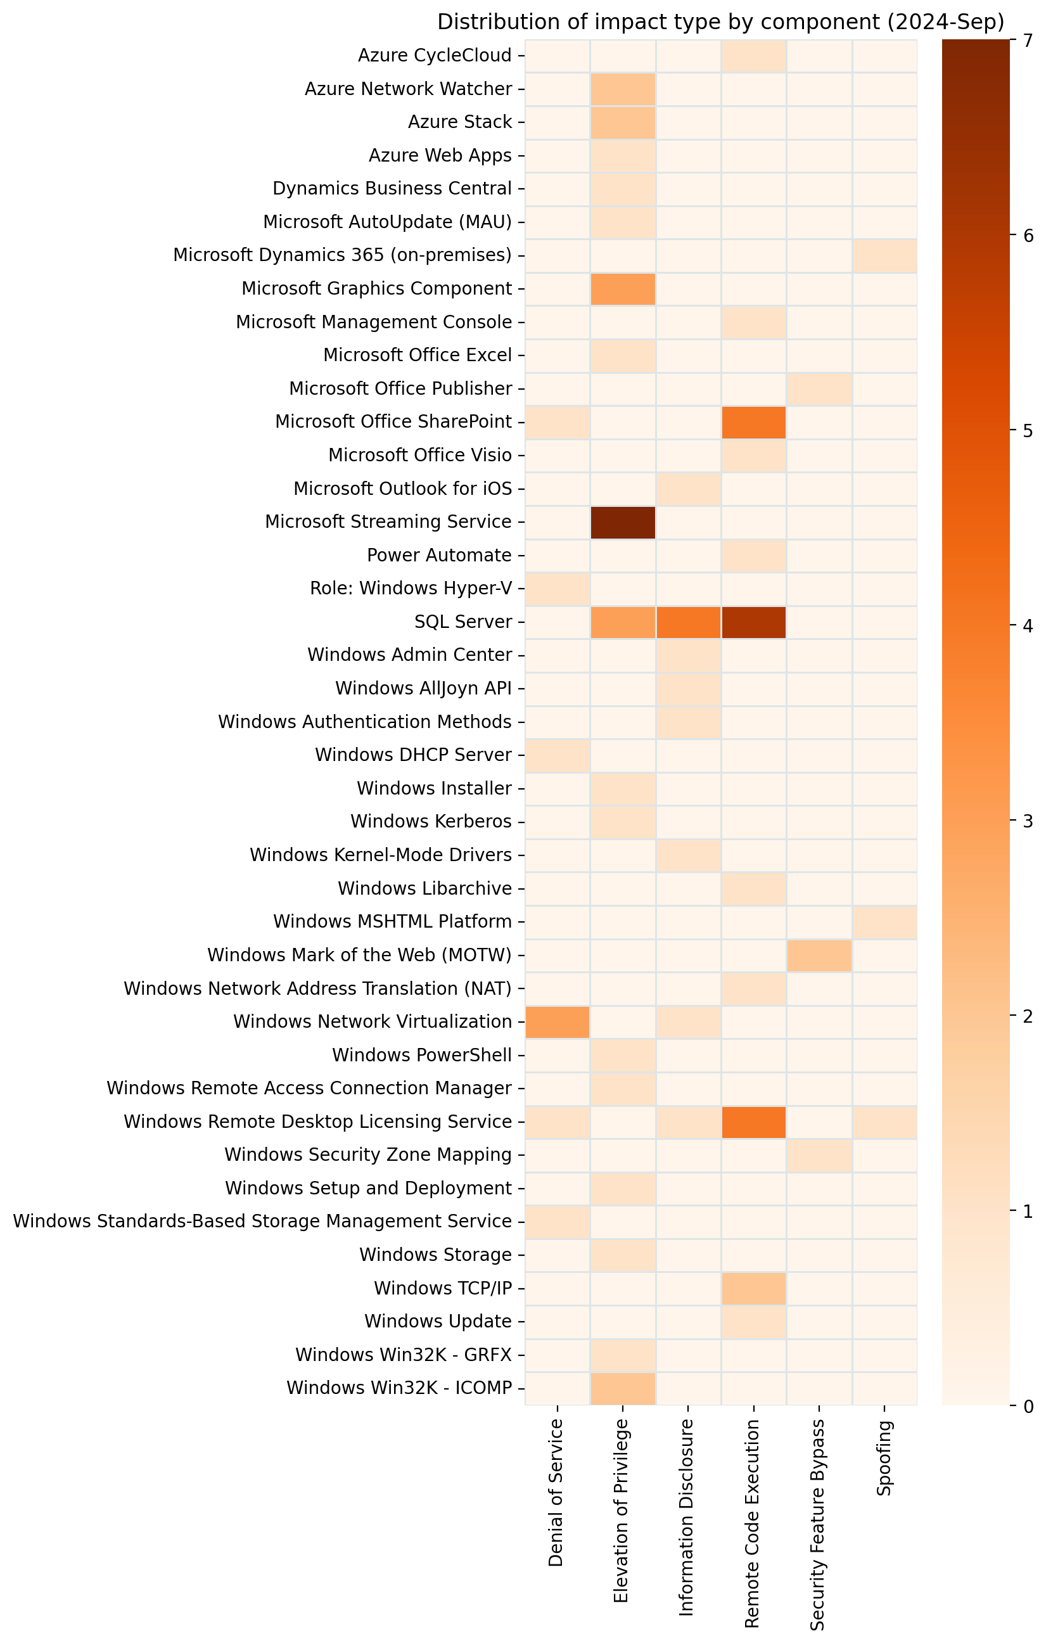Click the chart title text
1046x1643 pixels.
pos(720,23)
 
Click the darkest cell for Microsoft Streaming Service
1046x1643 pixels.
pos(622,523)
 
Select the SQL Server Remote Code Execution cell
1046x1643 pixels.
pos(753,622)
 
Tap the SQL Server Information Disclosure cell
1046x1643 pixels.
pos(688,622)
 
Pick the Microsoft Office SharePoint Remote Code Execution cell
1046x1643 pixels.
pos(753,423)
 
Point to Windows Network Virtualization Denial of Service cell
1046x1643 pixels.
pos(558,1022)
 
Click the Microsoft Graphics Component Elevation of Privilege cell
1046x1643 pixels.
pos(622,290)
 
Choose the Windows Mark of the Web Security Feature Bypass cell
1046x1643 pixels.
pos(819,956)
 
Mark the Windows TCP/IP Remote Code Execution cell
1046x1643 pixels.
pos(753,1289)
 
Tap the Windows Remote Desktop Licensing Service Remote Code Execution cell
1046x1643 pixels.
pos(753,1122)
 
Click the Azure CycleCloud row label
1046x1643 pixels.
pos(435,56)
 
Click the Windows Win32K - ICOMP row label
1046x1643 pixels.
pos(399,1388)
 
